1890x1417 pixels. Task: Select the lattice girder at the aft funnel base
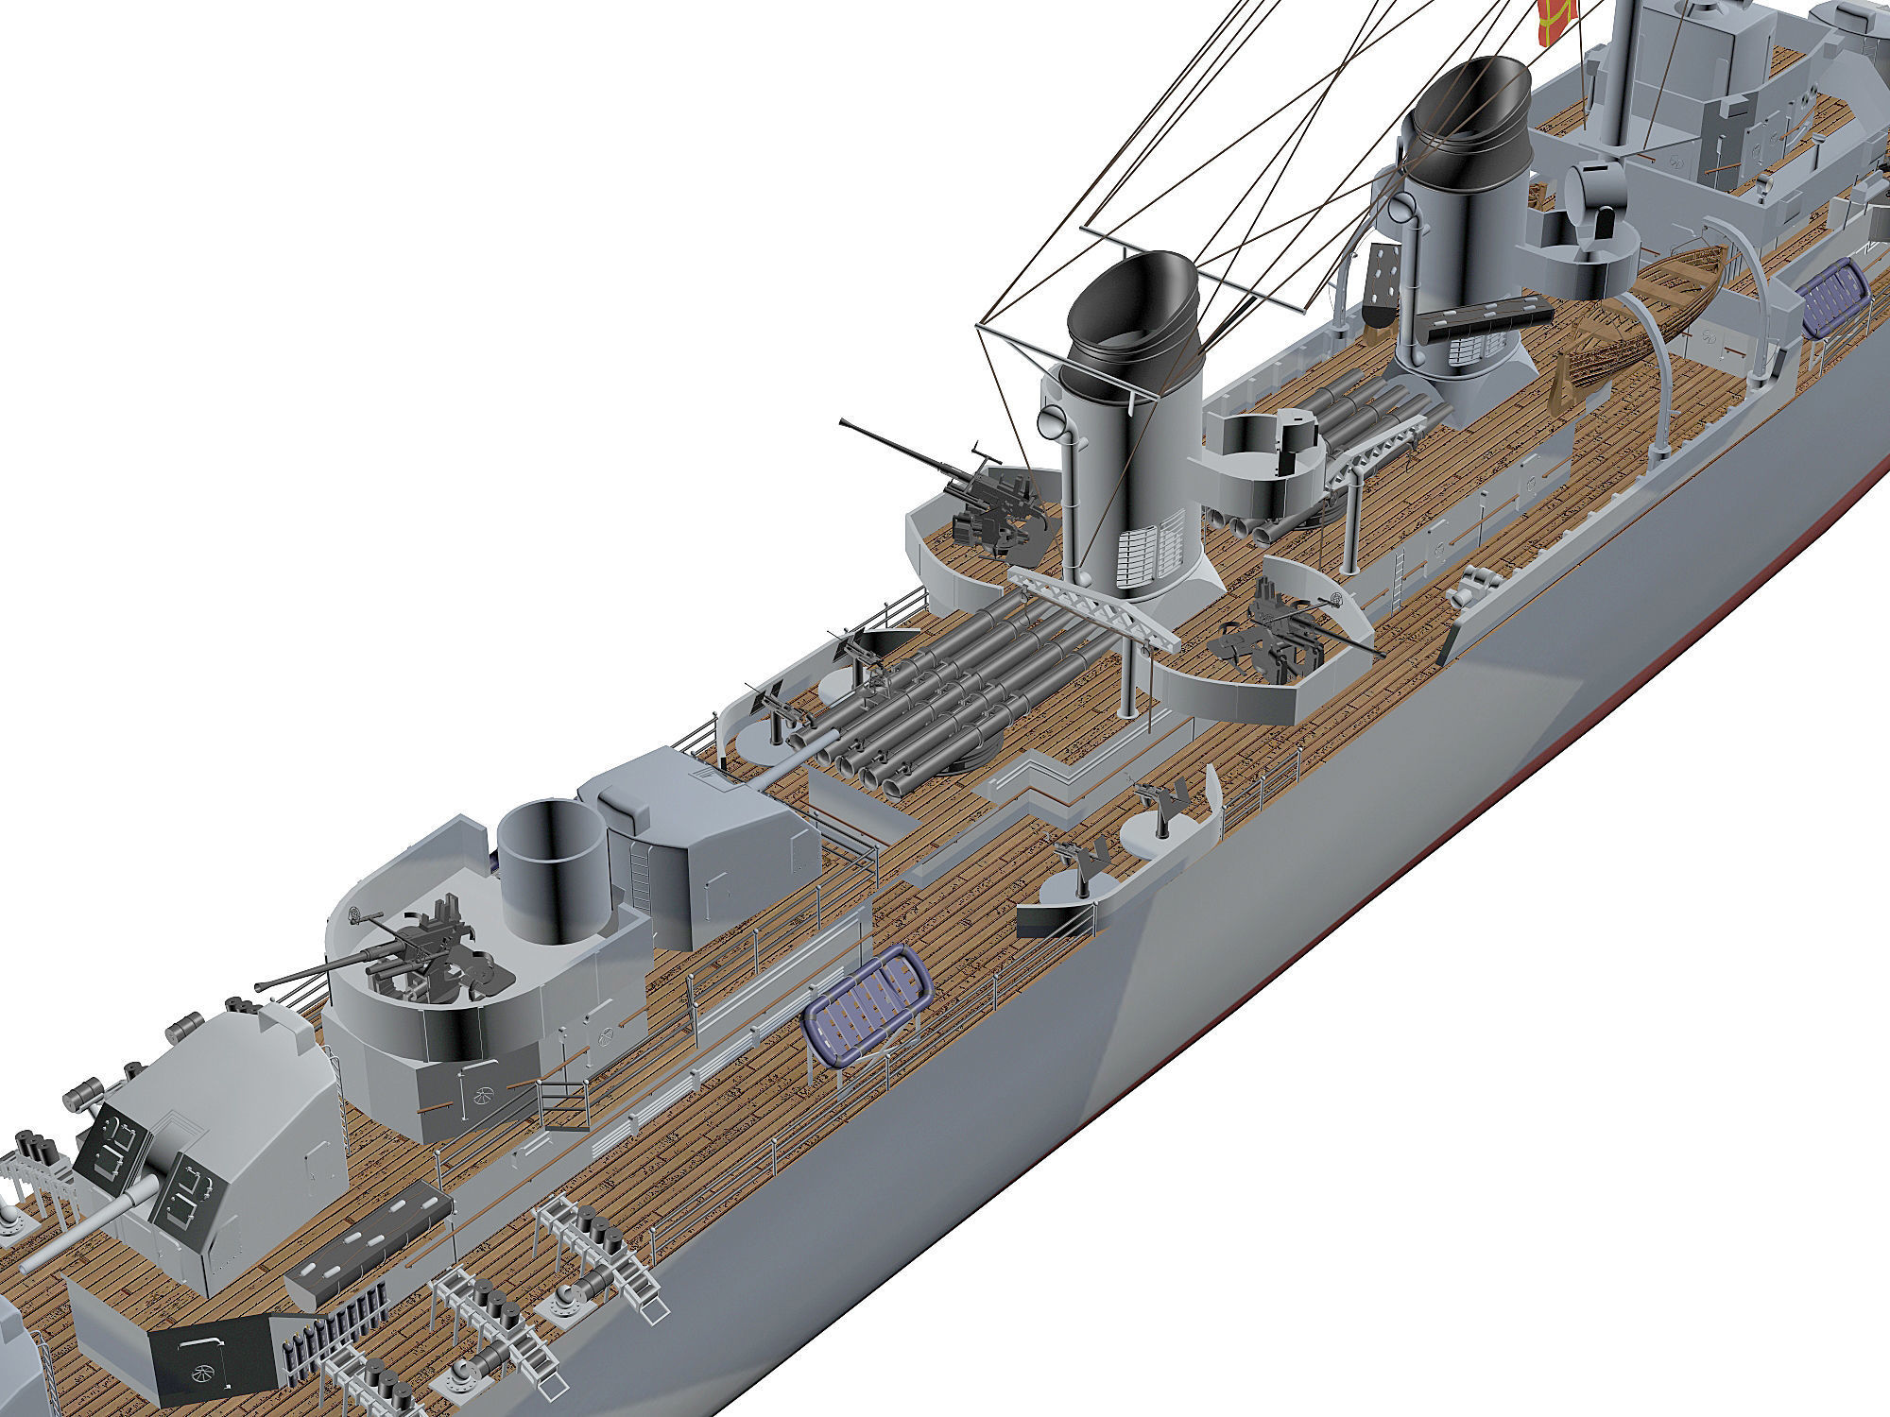pos(1096,605)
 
